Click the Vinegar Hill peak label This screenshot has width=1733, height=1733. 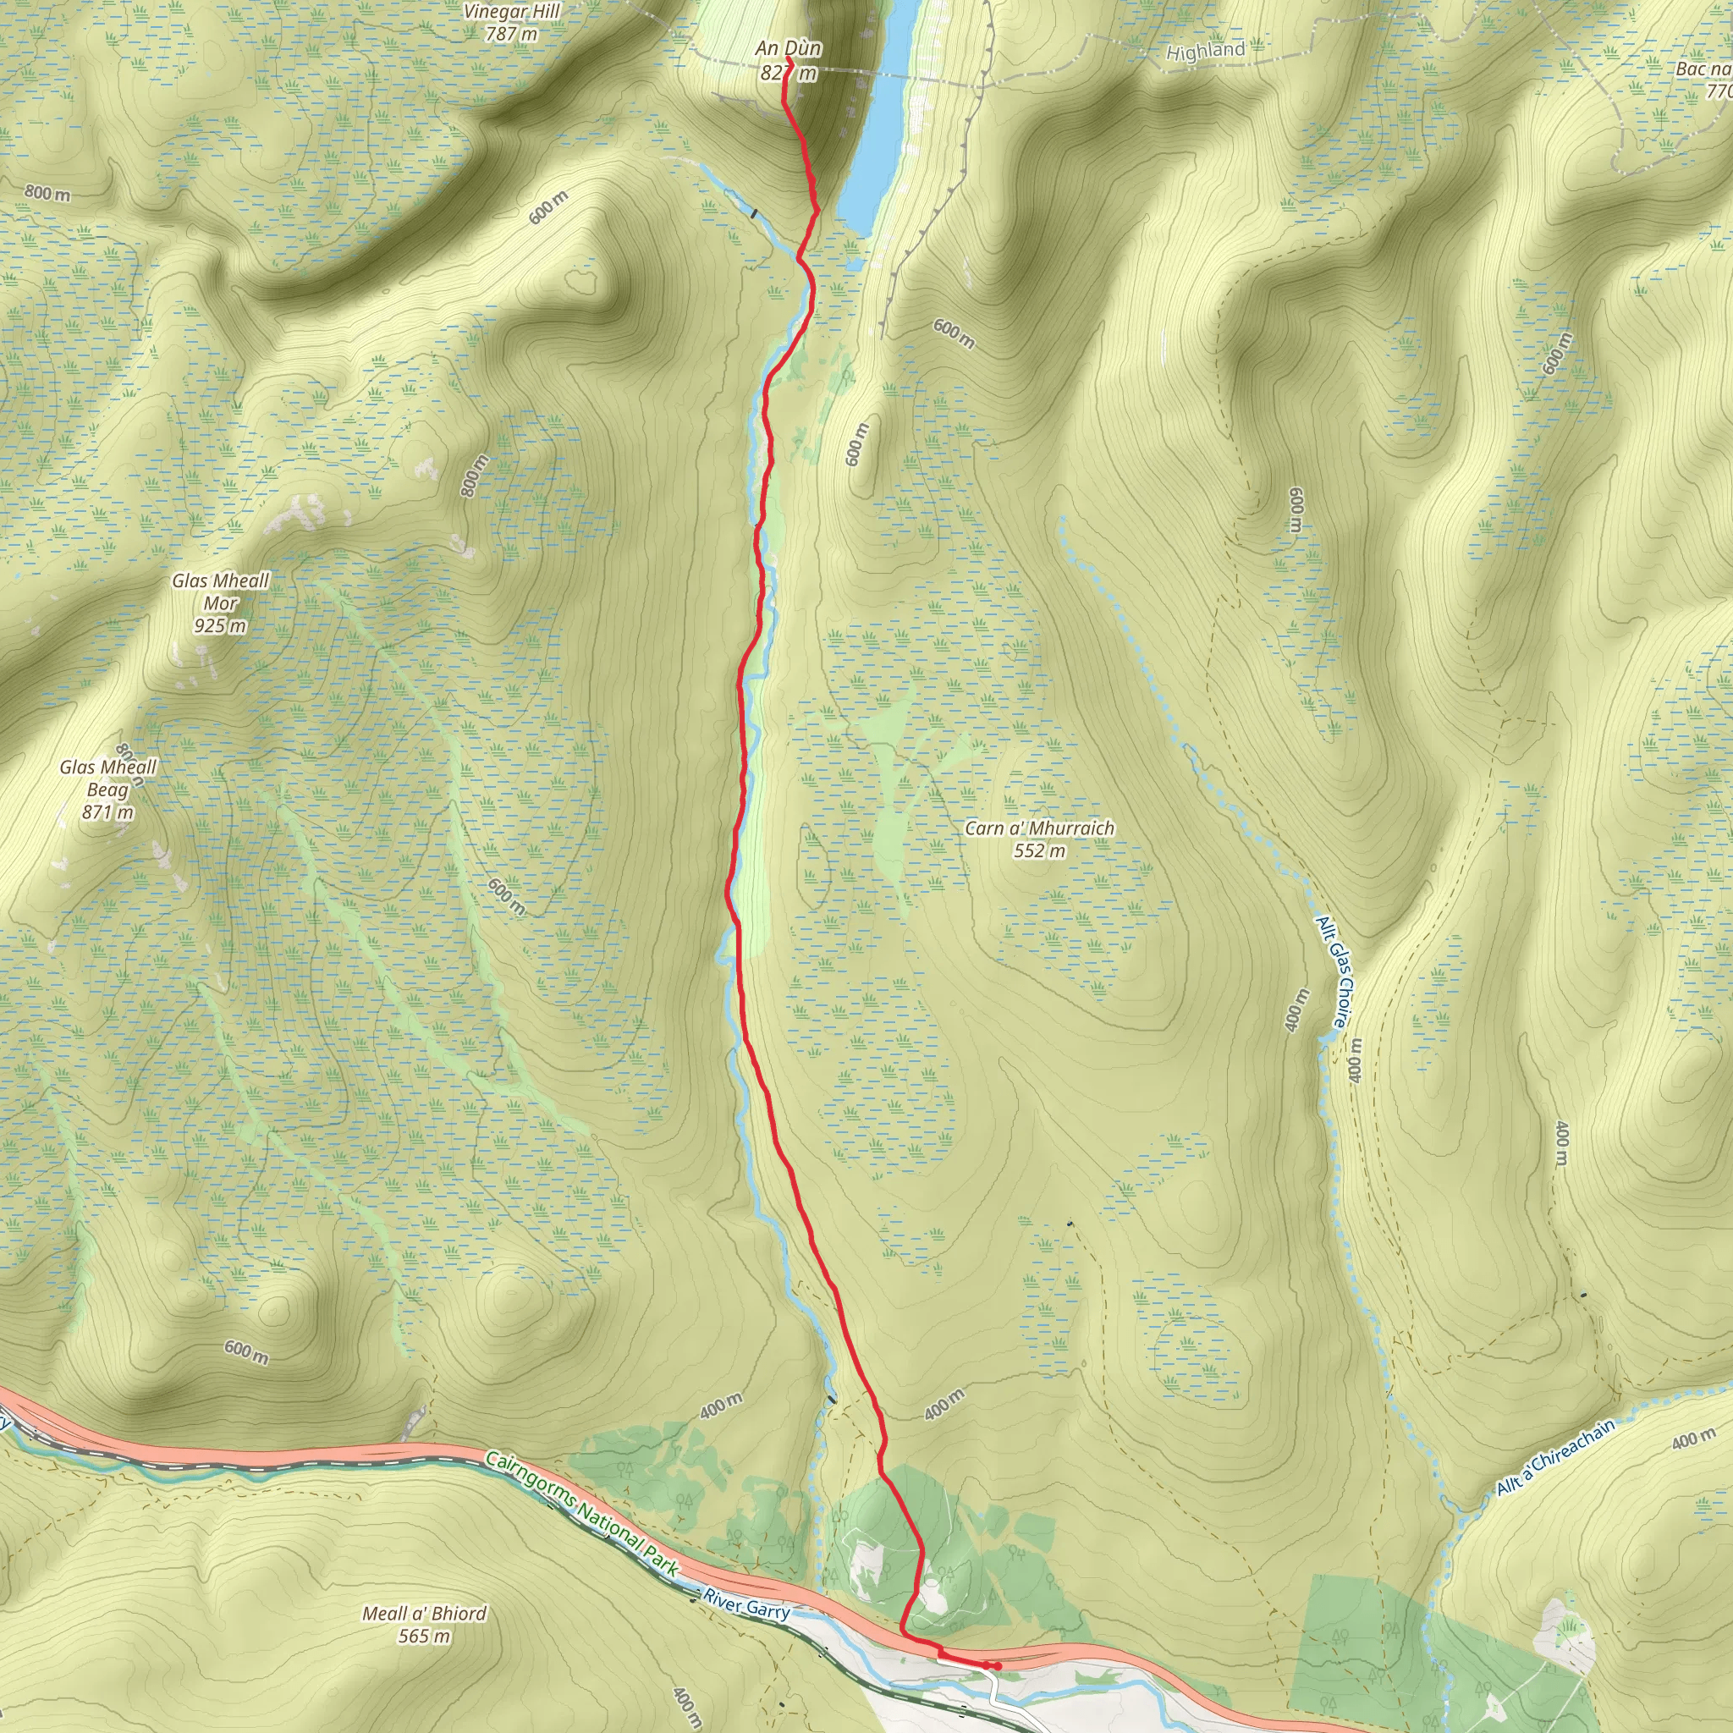(x=511, y=12)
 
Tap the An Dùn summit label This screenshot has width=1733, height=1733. (x=788, y=47)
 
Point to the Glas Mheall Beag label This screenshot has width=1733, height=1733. (x=107, y=778)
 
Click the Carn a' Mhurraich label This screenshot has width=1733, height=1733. (x=1039, y=828)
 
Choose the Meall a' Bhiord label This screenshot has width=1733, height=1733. (x=423, y=1613)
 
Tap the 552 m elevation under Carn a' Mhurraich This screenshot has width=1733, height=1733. (x=1039, y=850)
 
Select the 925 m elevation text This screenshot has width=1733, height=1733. (x=220, y=625)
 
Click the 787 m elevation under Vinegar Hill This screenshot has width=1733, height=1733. (x=511, y=34)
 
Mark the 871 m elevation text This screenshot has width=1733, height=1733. (x=107, y=811)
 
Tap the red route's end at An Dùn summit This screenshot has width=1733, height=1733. (x=788, y=59)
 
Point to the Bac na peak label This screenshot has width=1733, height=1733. (x=1703, y=69)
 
